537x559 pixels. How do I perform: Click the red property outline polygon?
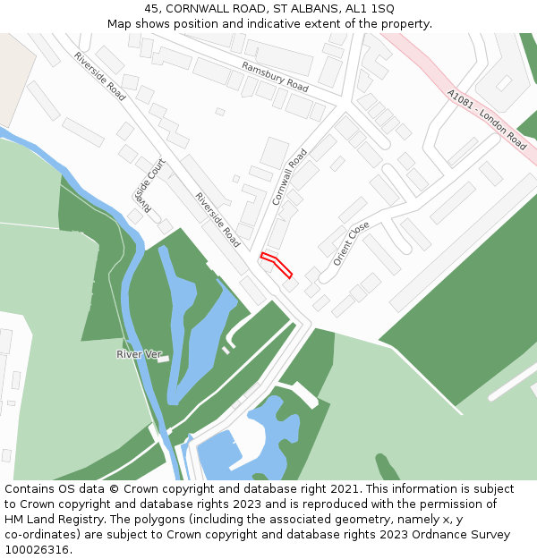pyautogui.click(x=277, y=265)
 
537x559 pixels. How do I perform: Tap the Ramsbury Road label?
pyautogui.click(x=275, y=77)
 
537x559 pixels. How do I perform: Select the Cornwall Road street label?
pyautogui.click(x=289, y=177)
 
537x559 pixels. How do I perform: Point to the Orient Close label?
pyautogui.click(x=351, y=243)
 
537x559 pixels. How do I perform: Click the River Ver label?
pyautogui.click(x=139, y=355)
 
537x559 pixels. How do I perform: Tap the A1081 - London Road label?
pyautogui.click(x=487, y=117)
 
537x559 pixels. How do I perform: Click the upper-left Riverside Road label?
pyautogui.click(x=99, y=75)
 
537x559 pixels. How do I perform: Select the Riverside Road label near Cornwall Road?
pyautogui.click(x=217, y=220)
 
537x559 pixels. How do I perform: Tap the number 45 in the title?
pyautogui.click(x=151, y=8)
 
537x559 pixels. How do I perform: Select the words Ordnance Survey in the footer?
pyautogui.click(x=463, y=535)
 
